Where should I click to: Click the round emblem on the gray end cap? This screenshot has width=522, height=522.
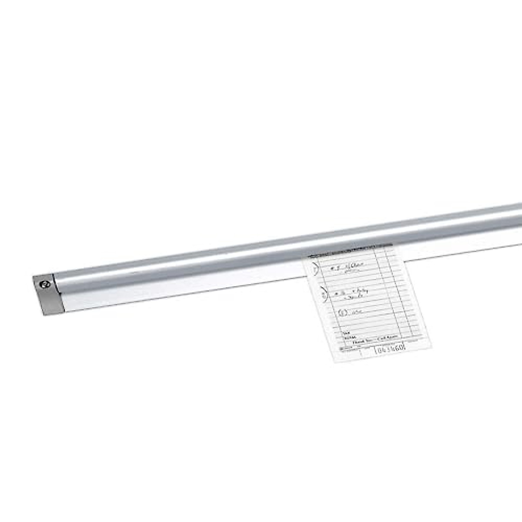pyautogui.click(x=45, y=284)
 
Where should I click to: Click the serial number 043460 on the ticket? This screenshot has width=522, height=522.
pyautogui.click(x=390, y=348)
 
